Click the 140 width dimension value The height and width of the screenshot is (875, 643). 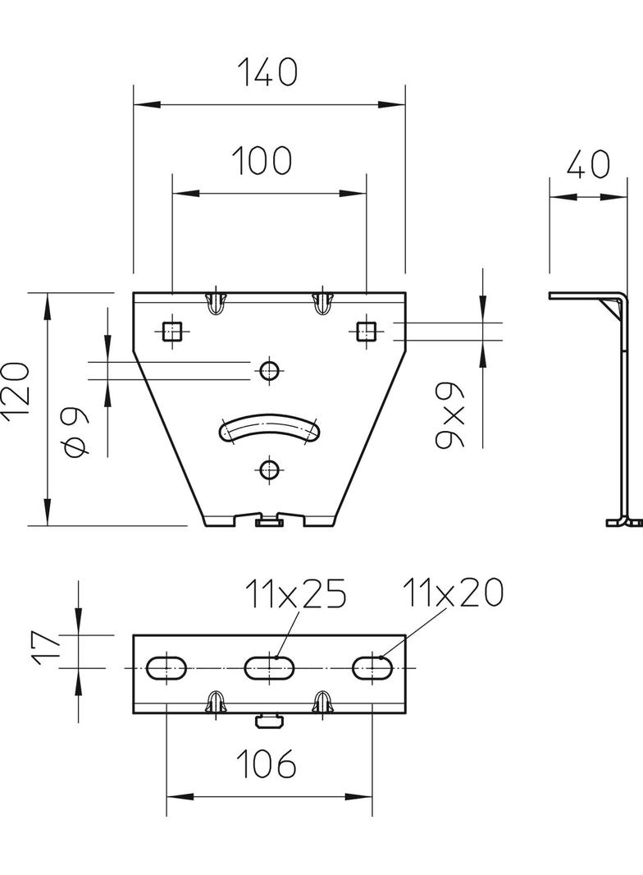pos(267,73)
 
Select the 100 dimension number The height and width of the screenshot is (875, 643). pos(261,161)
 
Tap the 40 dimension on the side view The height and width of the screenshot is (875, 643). pos(588,165)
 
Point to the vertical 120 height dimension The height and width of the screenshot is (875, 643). pos(19,391)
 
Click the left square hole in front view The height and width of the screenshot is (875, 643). pos(171,331)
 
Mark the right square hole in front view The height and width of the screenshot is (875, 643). pos(366,331)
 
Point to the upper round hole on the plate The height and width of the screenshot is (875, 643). pos(268,370)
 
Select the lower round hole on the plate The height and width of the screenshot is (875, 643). pos(268,470)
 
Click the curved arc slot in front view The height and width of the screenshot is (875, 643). pos(268,428)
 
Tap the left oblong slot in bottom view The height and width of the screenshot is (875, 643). pos(167,668)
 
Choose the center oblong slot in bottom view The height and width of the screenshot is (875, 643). pos(268,668)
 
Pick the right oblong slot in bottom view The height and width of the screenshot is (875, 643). pos(371,668)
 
